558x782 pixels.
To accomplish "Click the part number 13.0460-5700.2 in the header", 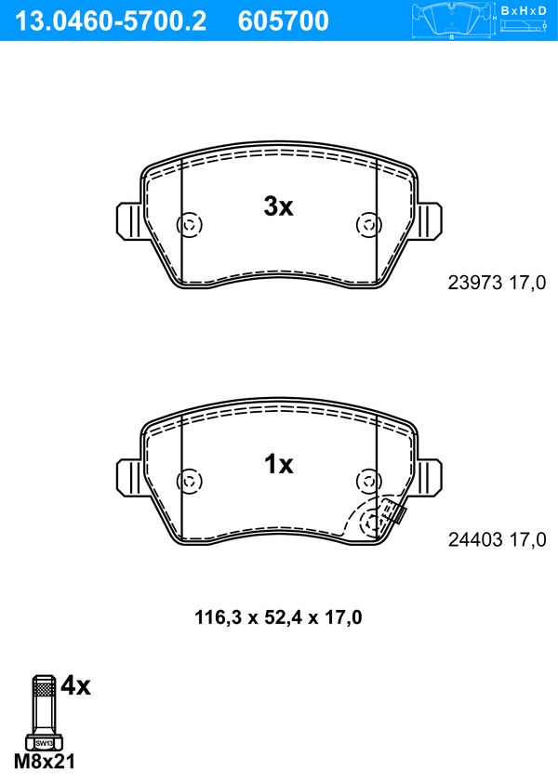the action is [x=111, y=21].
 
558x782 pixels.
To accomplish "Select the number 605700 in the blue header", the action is [x=284, y=21].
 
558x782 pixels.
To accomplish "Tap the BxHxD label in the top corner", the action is [x=524, y=10].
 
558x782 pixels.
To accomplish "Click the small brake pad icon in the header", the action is [x=452, y=20].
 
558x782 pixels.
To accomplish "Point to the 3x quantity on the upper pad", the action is [x=279, y=206].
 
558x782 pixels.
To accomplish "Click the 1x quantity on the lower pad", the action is [x=279, y=464].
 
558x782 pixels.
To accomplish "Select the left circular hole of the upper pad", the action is [x=190, y=225].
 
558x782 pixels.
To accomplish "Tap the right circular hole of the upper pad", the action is [x=369, y=225].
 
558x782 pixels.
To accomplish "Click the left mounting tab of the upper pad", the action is [x=129, y=221].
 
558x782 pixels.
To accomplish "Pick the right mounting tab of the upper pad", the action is [x=429, y=221].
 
